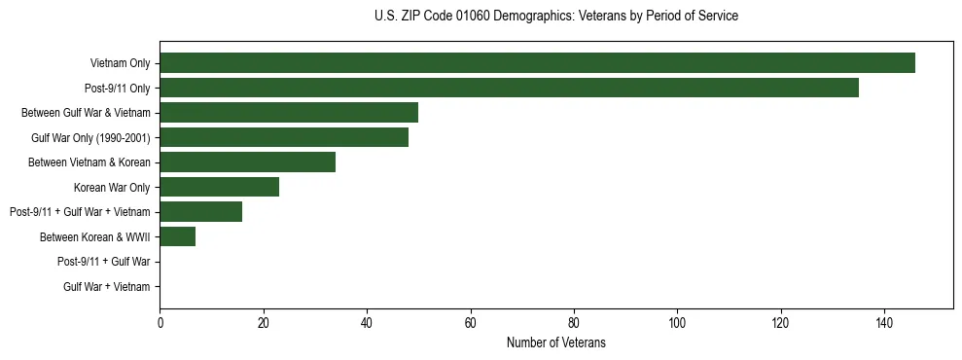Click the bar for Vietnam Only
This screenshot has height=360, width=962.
pos(537,63)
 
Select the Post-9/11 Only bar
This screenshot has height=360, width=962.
pos(509,88)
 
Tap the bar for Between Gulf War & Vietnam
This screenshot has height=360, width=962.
pos(289,113)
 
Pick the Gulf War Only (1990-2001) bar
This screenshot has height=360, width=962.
pos(284,137)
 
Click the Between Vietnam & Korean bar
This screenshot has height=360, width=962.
pos(247,162)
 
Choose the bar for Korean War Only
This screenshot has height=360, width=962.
pos(219,187)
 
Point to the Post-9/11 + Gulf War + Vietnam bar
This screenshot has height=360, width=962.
pos(200,211)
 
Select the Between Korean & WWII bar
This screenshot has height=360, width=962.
pos(177,236)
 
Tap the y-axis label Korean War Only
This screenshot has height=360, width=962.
pos(112,187)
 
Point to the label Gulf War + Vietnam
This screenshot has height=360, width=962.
pos(106,286)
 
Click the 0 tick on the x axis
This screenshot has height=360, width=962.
pos(160,323)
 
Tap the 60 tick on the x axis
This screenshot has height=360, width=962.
pos(470,323)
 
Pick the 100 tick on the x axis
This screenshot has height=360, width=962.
pos(677,323)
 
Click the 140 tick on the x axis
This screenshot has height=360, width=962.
pos(884,323)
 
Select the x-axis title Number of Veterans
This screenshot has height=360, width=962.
pos(555,342)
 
